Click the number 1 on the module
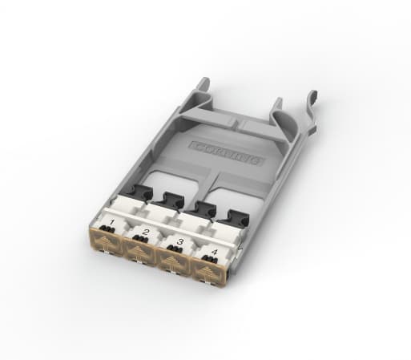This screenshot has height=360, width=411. point(111,221)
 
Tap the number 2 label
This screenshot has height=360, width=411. point(146,231)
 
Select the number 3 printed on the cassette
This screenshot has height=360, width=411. point(179,241)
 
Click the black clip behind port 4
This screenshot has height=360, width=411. point(236,217)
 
